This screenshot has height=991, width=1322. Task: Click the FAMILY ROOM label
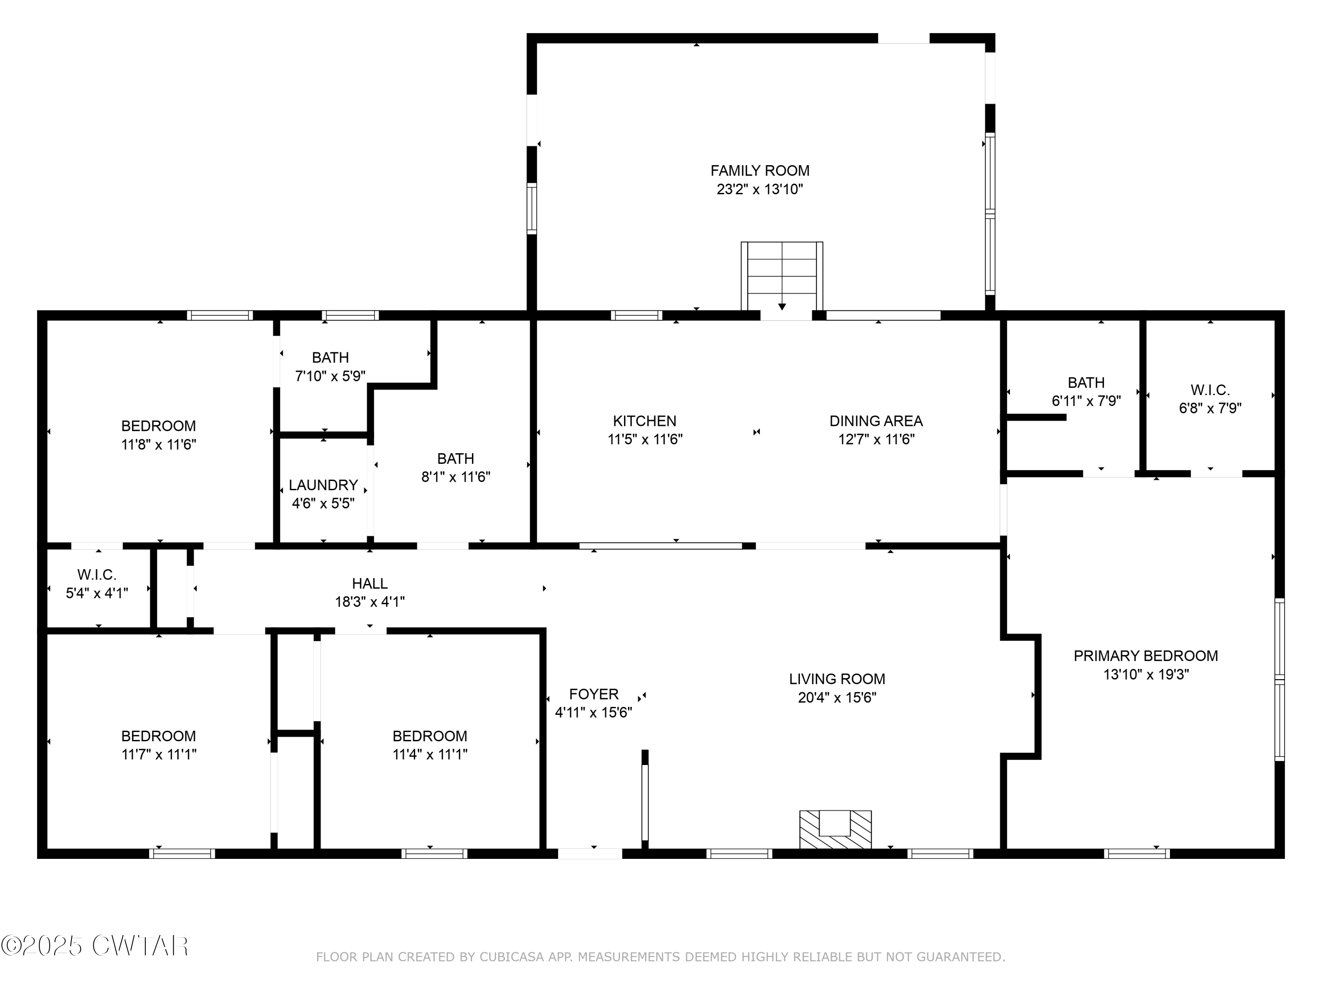coord(760,171)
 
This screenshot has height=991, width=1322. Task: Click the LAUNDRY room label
coord(323,485)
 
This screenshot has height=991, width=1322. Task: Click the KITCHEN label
coord(644,421)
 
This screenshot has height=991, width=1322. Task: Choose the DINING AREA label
coord(876,421)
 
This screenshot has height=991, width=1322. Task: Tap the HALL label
coord(369,584)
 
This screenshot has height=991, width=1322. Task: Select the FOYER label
coord(594,694)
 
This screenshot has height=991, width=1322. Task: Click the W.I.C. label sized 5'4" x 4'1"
coord(97,575)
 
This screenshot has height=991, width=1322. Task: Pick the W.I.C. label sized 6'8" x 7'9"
coord(1210,391)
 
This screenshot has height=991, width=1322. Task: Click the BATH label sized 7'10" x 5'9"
coord(330,358)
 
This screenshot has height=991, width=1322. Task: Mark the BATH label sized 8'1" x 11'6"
coord(455,459)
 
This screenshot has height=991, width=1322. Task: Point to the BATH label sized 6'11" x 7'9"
coord(1086,383)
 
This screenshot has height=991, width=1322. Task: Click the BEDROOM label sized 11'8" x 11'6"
coord(158,426)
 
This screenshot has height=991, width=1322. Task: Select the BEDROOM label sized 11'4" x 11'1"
coord(430,736)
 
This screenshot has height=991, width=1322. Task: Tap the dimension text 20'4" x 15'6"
coord(837,698)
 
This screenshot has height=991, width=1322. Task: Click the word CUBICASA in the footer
coord(511,958)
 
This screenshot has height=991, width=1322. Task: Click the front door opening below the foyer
coord(590,854)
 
